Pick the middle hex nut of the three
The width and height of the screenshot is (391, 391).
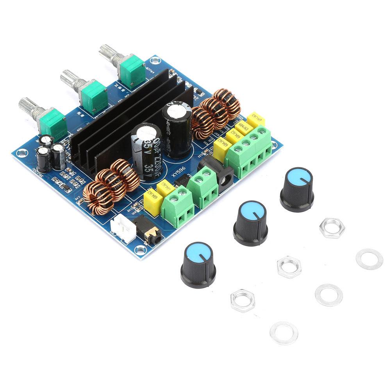(289, 266)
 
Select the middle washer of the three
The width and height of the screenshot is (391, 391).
(329, 295)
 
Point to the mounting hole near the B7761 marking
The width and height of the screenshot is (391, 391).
(155, 61)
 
